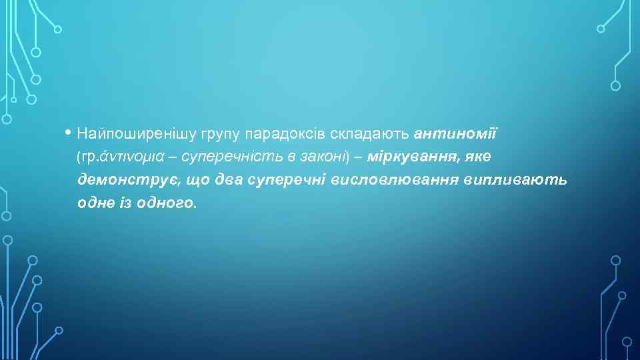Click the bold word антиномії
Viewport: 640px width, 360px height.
455,134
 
